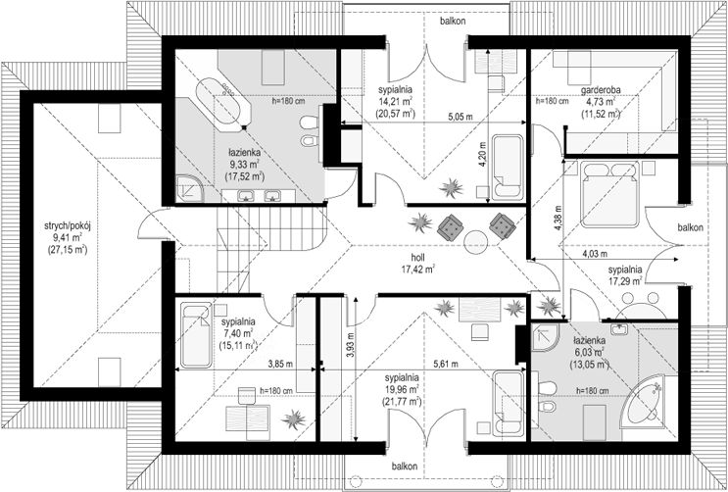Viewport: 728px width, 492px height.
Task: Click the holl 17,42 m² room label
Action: click(417, 263)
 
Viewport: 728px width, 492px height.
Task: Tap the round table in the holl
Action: click(476, 241)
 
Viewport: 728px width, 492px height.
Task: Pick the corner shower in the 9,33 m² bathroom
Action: click(190, 188)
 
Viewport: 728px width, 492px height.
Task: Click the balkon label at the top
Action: click(453, 21)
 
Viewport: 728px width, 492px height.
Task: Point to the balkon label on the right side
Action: click(691, 227)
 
